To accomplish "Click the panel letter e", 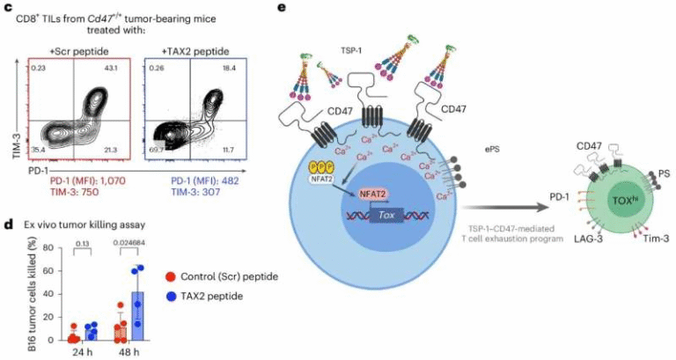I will point(280,7).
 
